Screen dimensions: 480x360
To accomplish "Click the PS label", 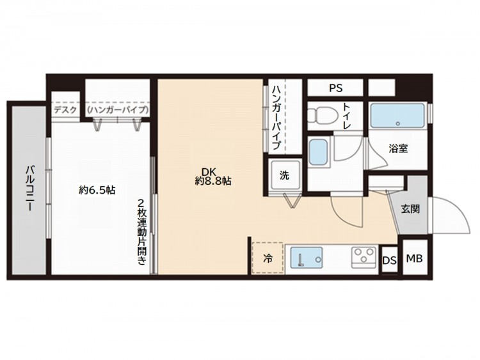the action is coord(336,88).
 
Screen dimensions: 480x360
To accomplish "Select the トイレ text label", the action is coord(346,116).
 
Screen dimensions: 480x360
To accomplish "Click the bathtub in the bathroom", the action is coord(397,115).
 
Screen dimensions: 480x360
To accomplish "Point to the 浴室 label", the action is coord(398,148).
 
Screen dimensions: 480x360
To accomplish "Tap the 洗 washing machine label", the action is coord(284,175).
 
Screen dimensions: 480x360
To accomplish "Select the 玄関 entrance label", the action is coord(410,209).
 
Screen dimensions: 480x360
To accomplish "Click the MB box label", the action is coord(414,258).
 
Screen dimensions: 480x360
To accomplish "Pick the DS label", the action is coord(389,261).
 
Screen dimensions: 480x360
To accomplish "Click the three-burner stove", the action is coord(364,258).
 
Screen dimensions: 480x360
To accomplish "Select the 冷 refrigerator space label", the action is coord(268,259).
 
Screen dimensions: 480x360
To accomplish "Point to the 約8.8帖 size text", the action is coord(213,182).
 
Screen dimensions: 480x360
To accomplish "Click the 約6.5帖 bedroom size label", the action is coord(97,191).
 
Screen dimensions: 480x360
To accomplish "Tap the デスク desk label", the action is coord(65,110).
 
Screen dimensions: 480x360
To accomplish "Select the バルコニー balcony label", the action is coord(29,189).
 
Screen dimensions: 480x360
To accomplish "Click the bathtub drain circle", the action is coord(397,123).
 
